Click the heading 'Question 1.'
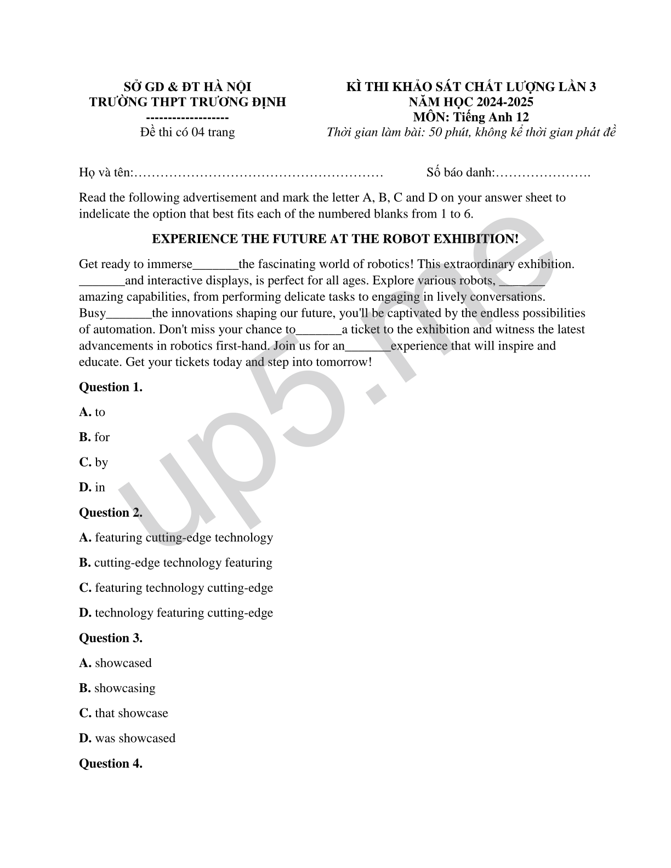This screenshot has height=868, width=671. [111, 387]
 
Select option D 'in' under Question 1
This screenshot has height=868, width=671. [92, 488]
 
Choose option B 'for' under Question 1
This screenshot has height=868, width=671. [94, 437]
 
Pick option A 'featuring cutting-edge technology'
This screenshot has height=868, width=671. [176, 538]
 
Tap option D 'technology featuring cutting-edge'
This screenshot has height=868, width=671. [176, 613]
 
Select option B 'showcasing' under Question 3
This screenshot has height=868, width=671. [117, 688]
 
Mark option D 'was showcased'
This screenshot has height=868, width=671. [127, 739]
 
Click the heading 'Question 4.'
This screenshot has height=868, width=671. [111, 764]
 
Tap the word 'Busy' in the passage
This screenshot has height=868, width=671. [92, 313]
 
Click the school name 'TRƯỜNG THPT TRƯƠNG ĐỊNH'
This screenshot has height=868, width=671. [187, 102]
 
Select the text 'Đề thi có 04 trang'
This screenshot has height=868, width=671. [187, 133]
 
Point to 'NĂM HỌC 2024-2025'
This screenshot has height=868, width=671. [471, 102]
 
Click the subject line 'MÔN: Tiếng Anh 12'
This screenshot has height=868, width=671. [471, 117]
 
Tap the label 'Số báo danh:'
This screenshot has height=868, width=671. [459, 173]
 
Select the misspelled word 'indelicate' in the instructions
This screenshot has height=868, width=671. [104, 214]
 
